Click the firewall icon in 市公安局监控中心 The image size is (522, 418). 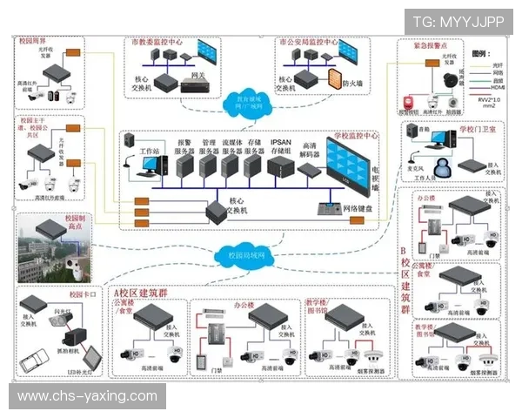[x=333, y=83]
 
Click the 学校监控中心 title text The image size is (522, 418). [x=356, y=136]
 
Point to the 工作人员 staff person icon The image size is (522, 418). [x=445, y=165]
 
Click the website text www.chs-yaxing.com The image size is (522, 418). [x=87, y=396]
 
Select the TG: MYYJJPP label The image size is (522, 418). [x=458, y=22]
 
